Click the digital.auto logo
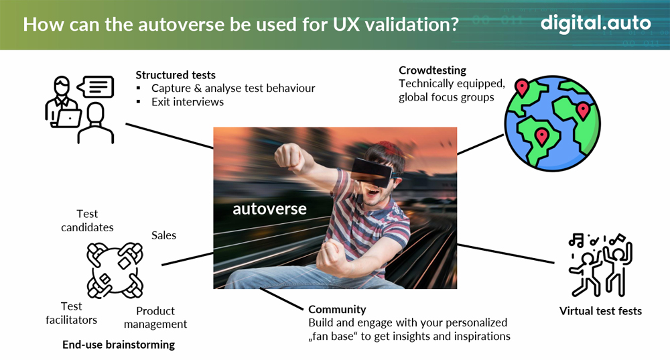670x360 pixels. tap(596, 23)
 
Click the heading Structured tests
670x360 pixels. tap(176, 75)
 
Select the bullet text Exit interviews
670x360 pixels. tap(188, 102)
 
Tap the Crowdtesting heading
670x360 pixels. tap(432, 70)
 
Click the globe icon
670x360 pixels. tap(552, 123)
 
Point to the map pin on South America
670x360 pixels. tap(542, 137)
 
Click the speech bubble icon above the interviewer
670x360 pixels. tap(96, 86)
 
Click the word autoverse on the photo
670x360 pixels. tap(269, 208)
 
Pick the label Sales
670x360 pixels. tap(163, 235)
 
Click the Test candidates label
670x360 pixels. tap(87, 221)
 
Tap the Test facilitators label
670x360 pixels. tap(72, 313)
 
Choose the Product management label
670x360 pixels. tap(155, 317)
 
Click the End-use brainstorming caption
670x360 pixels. tap(119, 345)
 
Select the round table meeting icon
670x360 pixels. tap(115, 270)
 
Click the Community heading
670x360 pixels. tap(337, 309)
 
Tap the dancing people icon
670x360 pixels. tap(600, 265)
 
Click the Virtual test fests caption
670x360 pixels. tap(600, 311)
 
